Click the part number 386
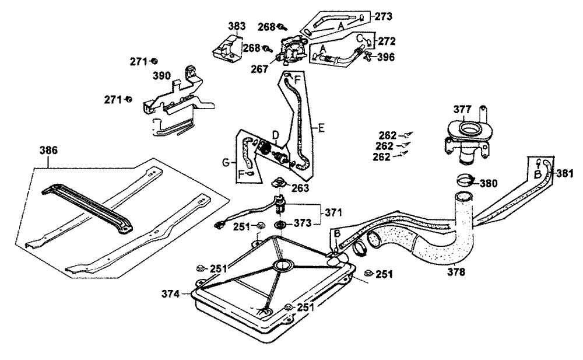[48, 150]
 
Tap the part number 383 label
[236, 26]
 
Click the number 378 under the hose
[458, 271]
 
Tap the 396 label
[386, 57]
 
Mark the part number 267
[260, 69]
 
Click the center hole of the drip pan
[284, 265]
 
